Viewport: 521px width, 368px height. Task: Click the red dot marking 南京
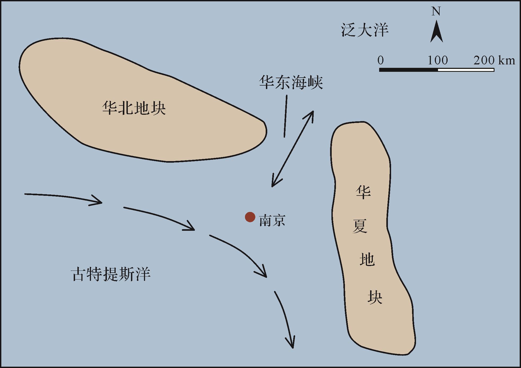coord(250,217)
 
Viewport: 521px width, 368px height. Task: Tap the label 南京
coord(272,220)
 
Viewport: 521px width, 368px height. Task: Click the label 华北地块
coord(134,108)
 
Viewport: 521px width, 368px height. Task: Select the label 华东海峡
coord(291,82)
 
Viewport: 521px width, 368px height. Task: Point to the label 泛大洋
coord(365,30)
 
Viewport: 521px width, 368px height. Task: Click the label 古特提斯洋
coord(111,274)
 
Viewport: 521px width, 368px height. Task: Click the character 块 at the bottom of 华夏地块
coord(375,297)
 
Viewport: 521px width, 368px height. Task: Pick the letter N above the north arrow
coord(436,12)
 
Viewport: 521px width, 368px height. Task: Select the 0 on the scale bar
coord(380,61)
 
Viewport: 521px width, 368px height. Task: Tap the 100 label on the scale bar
coord(438,61)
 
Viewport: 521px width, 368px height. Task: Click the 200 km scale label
coord(494,61)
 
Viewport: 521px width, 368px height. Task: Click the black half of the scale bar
coord(408,70)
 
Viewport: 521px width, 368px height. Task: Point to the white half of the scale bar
coord(466,70)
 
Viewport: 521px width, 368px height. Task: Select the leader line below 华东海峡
coord(286,116)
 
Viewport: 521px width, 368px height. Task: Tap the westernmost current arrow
coord(64,197)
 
